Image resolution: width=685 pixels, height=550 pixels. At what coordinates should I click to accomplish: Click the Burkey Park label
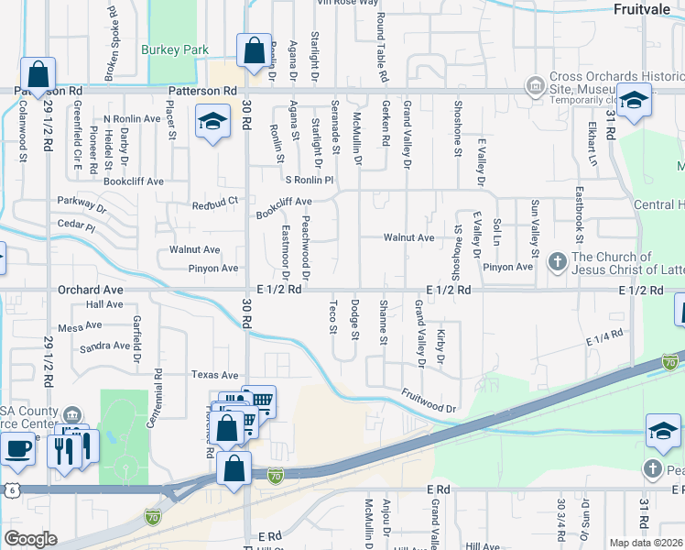[175, 49]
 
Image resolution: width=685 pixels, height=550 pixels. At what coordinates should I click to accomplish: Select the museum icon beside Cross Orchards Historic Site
[535, 85]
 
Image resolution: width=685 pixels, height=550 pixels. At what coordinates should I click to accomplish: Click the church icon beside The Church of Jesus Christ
[557, 262]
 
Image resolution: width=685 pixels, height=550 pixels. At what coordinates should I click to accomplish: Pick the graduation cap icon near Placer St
[212, 123]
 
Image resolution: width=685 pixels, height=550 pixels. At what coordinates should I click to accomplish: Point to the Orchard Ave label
[91, 289]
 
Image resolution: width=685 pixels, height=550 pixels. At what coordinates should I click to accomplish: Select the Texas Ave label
[214, 375]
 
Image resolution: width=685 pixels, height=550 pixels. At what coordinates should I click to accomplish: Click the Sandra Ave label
[104, 346]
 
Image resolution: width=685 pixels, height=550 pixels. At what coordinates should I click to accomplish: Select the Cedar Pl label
[76, 225]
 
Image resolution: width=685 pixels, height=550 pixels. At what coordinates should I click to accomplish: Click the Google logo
[30, 539]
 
